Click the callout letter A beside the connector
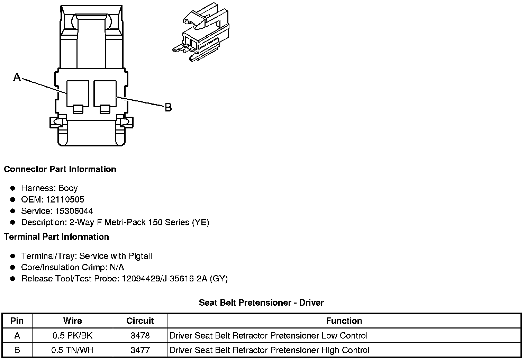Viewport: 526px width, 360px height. [17, 77]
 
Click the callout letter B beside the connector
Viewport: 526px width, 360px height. [168, 108]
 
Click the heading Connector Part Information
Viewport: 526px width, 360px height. [60, 169]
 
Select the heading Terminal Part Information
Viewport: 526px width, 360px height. [56, 237]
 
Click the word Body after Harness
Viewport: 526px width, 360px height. [68, 188]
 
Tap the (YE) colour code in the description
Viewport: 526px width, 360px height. [200, 222]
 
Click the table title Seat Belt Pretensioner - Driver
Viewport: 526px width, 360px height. [261, 303]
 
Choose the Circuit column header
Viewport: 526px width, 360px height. [140, 321]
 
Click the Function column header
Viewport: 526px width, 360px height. [344, 321]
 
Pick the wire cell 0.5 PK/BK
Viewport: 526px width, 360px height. [73, 335]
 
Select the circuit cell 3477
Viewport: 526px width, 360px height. [140, 350]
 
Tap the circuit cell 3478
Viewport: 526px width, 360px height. [140, 335]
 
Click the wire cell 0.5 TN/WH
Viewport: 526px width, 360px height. [73, 350]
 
